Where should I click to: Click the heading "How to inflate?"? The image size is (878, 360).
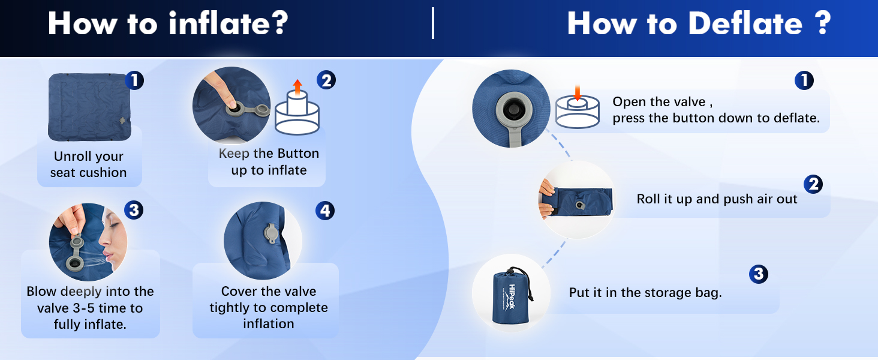point(168,23)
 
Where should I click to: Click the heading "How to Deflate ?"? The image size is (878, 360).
point(699,23)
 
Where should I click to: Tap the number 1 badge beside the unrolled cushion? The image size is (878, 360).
point(134,80)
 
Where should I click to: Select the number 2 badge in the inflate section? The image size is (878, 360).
point(326,80)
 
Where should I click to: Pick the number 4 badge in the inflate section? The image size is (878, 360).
point(325,211)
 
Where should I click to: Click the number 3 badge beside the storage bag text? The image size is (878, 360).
point(759,274)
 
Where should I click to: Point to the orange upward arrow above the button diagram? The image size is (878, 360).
point(297,87)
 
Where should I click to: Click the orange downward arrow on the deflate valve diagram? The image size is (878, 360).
point(578,92)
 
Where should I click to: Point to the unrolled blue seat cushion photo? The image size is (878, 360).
point(89,107)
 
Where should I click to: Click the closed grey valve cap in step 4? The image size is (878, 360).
point(270,234)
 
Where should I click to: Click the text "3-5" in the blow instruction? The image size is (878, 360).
point(84,308)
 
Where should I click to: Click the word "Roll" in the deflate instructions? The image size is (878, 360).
point(649,199)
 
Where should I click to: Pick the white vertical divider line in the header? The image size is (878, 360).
point(433,23)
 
